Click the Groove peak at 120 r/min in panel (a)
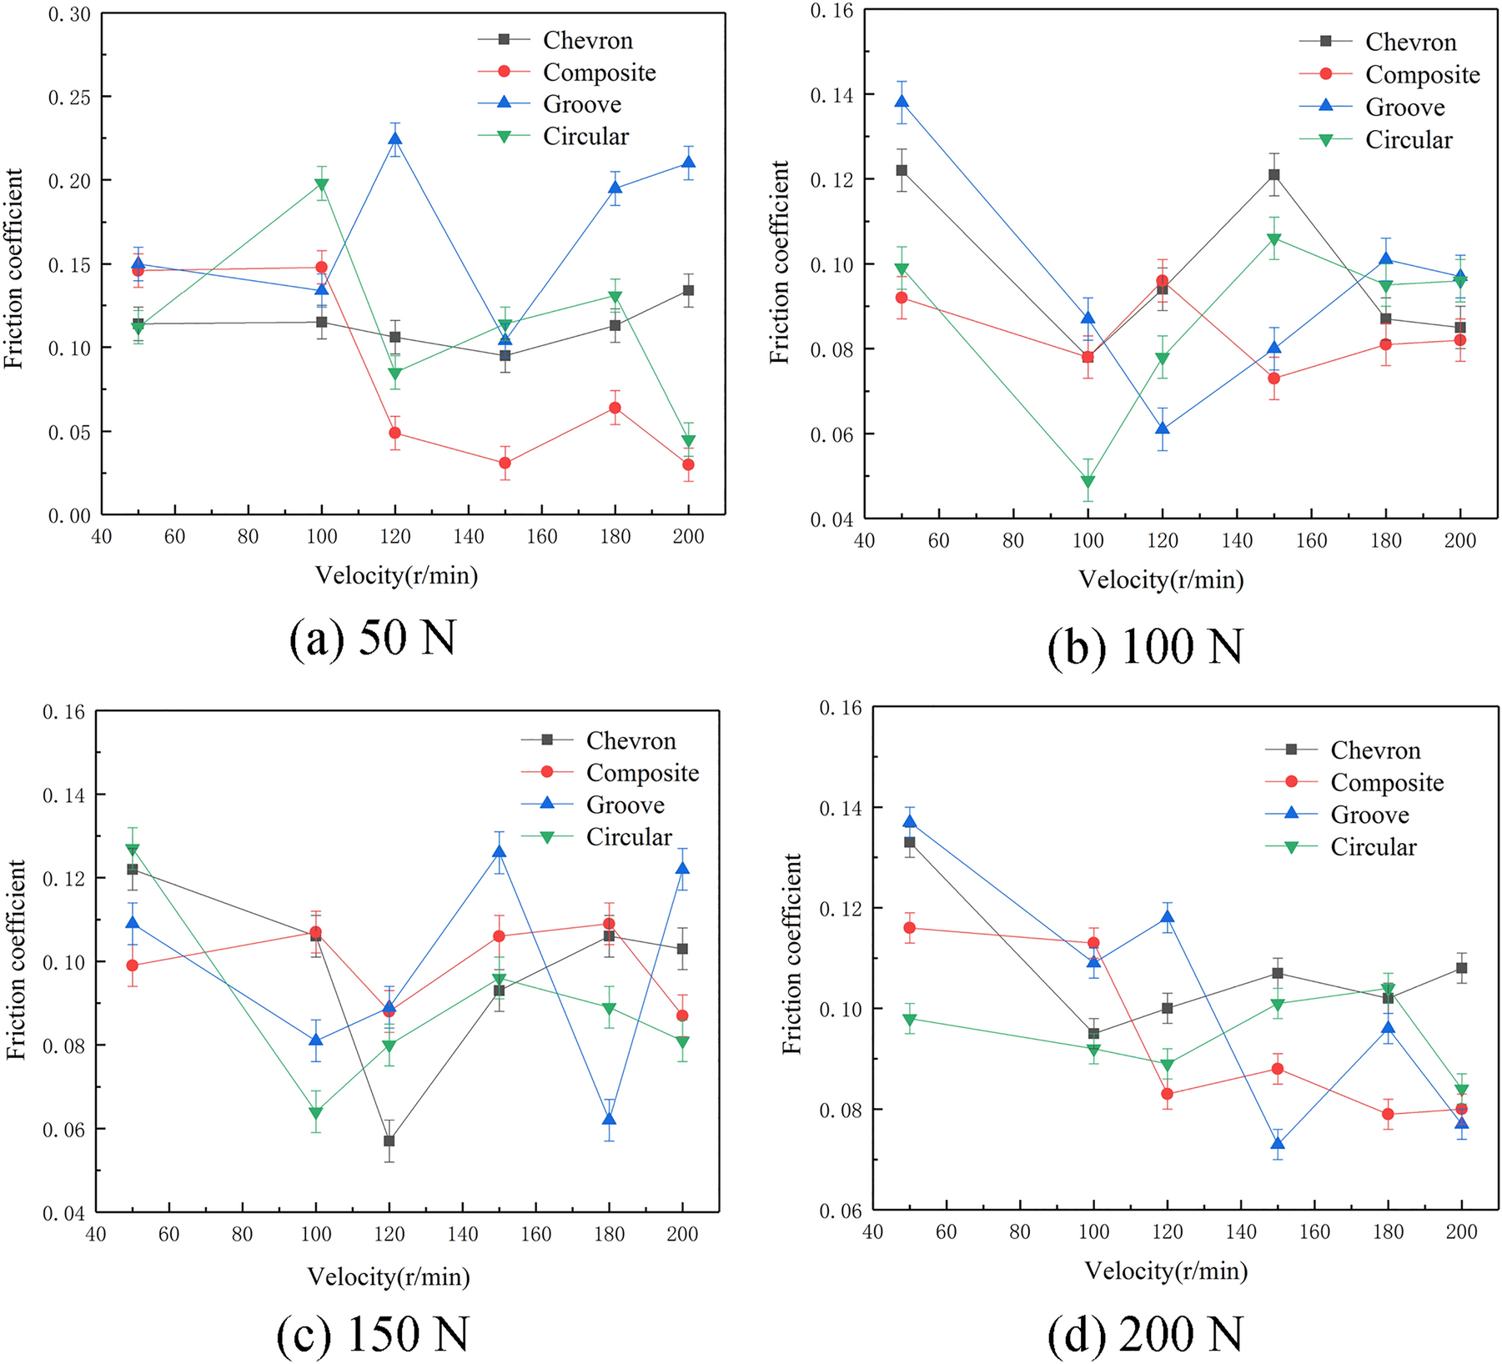pos(394,138)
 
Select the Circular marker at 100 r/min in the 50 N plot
pos(321,184)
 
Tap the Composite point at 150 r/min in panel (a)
pos(505,463)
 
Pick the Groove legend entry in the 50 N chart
pos(581,104)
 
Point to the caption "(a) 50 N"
pos(373,639)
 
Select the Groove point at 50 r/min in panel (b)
pos(901,102)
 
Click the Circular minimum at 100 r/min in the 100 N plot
pos(1088,481)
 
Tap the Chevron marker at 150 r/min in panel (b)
pos(1274,175)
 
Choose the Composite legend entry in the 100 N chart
pos(1422,75)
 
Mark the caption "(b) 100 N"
pos(1145,646)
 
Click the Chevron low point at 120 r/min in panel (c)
pos(389,1141)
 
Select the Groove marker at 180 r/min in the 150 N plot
pos(609,1119)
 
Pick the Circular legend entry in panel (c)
pos(628,837)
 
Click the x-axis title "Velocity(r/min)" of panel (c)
pos(389,1276)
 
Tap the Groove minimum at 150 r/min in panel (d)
pos(1278,1143)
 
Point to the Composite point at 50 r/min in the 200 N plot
pos(909,928)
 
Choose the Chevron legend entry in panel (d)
pos(1374,750)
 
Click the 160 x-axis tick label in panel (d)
pos(1314,1231)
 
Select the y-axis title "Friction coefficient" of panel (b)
pos(780,263)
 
